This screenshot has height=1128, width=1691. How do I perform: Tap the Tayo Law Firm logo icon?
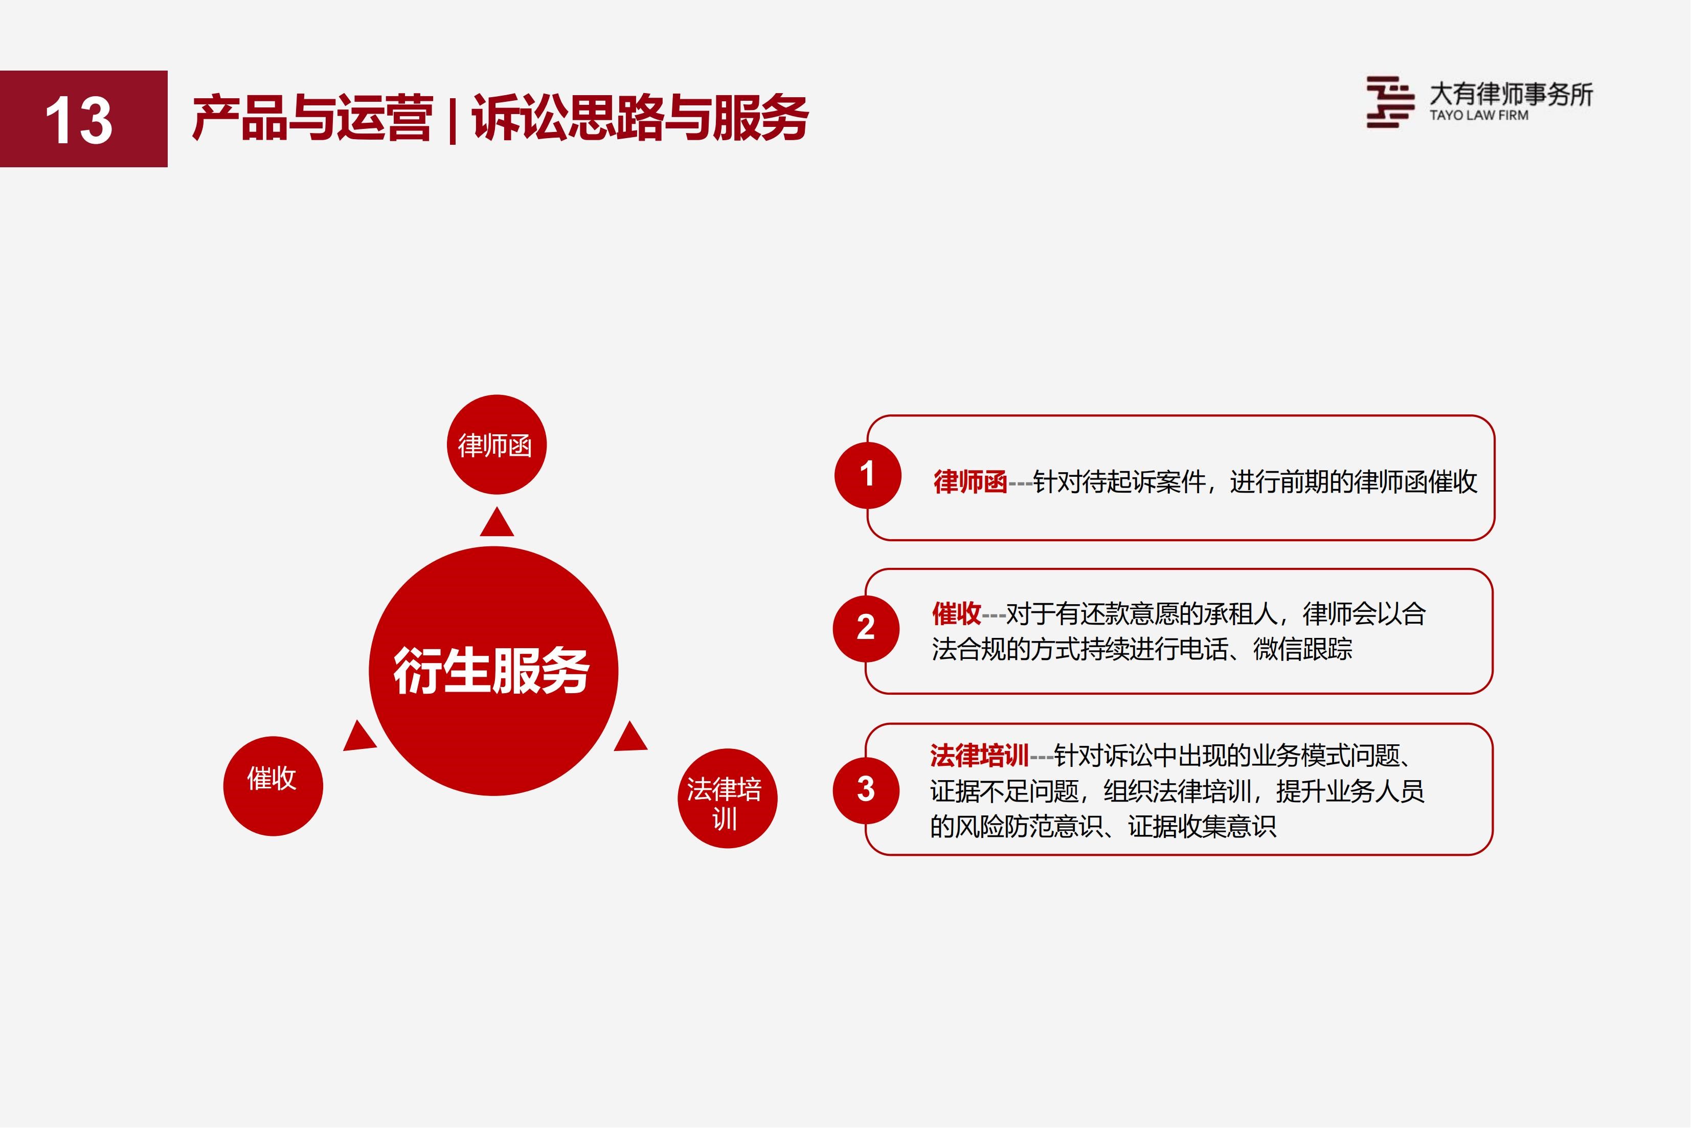pos(1390,102)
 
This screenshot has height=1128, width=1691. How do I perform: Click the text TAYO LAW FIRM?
pos(1479,115)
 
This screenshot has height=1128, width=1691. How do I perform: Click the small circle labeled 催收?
pos(273,786)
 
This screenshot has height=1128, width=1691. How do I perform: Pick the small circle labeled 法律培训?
pos(728,799)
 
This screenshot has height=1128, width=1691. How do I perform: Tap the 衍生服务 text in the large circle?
pos(492,671)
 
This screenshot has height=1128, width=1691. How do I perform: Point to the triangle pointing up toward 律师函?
pos(497,522)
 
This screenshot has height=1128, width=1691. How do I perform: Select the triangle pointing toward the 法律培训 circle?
pos(632,737)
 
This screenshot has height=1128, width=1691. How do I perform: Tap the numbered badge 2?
pos(866,629)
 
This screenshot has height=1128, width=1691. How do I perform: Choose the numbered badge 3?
pos(866,790)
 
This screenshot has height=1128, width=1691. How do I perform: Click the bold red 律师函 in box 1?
pos(970,482)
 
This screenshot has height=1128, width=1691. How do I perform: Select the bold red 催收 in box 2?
pos(956,614)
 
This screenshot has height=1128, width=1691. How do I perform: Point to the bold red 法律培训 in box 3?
pos(979,756)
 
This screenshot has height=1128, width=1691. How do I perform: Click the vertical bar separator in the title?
pos(452,119)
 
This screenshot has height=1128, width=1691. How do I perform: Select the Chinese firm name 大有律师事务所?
pos(1511,94)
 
